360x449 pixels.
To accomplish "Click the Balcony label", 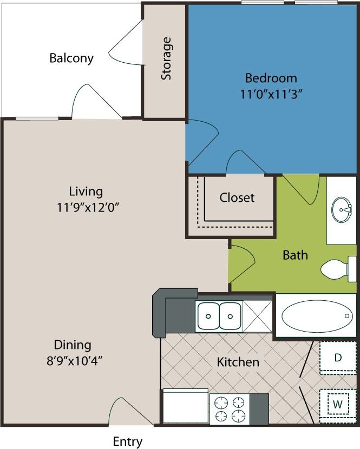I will (71, 58).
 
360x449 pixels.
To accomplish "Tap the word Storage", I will (166, 58).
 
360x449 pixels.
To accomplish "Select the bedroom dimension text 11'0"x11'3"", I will (270, 93).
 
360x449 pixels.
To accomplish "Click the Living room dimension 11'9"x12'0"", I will (86, 207).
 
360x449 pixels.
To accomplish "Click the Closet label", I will (237, 198).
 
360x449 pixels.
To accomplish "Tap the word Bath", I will (295, 254).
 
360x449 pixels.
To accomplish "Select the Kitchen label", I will (238, 362).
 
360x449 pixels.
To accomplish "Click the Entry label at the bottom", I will (128, 441).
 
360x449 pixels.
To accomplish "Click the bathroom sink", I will (342, 209).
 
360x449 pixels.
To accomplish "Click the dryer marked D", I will (337, 358).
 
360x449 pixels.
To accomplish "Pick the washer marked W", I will (337, 404).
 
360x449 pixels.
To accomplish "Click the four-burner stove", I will (229, 409).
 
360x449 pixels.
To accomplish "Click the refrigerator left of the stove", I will (186, 407).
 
